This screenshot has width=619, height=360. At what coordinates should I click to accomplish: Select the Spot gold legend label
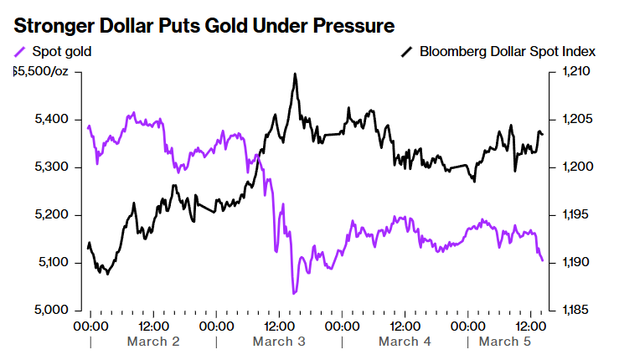click(61, 52)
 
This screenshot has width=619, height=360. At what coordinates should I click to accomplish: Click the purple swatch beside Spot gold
click(21, 52)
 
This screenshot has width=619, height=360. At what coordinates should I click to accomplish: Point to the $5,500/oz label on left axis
click(41, 72)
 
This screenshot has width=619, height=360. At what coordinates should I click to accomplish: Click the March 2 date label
click(153, 342)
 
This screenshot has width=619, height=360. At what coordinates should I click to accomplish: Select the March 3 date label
click(279, 342)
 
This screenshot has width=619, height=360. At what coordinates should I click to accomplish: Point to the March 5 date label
click(504, 342)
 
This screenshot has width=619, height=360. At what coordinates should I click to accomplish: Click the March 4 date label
click(405, 342)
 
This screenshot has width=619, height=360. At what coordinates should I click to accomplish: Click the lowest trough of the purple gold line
click(294, 293)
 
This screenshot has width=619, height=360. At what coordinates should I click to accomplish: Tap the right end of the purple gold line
click(542, 260)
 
